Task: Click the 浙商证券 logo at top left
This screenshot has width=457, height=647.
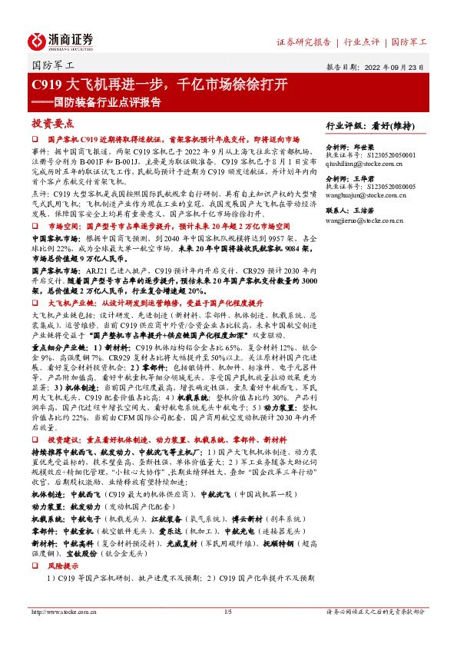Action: pos(61,40)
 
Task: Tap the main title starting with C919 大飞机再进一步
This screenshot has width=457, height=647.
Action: pos(160,84)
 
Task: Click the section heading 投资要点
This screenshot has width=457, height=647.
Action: pos(52,123)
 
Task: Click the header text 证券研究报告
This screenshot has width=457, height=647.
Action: pos(303,41)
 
